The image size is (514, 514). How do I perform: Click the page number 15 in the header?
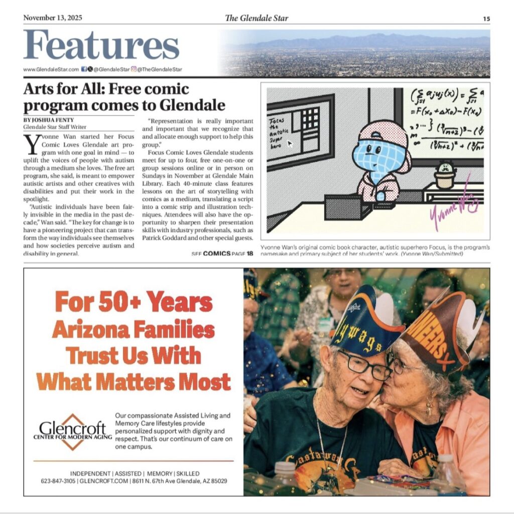click(x=486, y=19)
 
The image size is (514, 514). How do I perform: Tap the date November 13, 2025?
click(x=53, y=18)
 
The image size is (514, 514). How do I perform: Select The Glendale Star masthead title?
click(x=256, y=18)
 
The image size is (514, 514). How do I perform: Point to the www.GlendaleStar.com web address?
click(x=51, y=69)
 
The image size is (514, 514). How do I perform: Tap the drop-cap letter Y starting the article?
click(x=31, y=145)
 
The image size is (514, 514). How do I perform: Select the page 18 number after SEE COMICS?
click(x=250, y=253)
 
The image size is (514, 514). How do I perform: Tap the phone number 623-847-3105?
click(x=58, y=481)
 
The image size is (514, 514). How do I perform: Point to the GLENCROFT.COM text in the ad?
click(x=99, y=481)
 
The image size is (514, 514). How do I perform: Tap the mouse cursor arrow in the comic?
click(x=290, y=143)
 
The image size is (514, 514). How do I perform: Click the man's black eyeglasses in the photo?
click(x=364, y=365)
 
